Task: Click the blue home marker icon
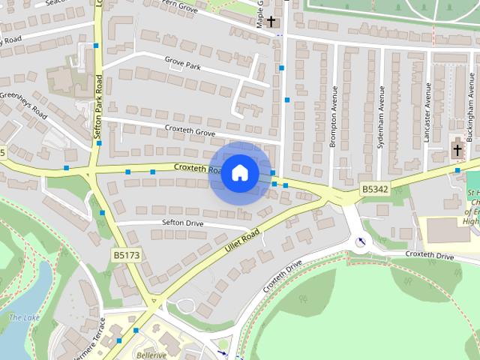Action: [239, 173]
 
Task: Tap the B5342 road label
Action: [375, 190]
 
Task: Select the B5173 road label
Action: [127, 256]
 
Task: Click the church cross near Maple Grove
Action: [271, 22]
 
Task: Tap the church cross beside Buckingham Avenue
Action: [457, 150]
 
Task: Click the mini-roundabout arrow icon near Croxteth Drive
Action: [361, 241]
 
